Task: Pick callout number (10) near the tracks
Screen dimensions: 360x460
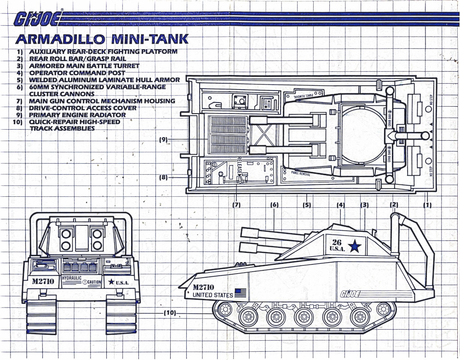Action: coord(170,313)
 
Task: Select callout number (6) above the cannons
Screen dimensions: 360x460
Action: coord(275,205)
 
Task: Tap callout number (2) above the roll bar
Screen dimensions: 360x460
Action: coord(394,205)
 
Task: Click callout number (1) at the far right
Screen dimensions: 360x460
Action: coord(427,205)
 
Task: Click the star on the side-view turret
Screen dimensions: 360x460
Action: coord(354,246)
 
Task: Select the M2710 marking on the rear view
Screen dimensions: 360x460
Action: coord(44,281)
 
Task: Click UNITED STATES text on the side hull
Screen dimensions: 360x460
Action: coord(213,295)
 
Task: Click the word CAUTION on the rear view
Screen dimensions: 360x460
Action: coord(94,282)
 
